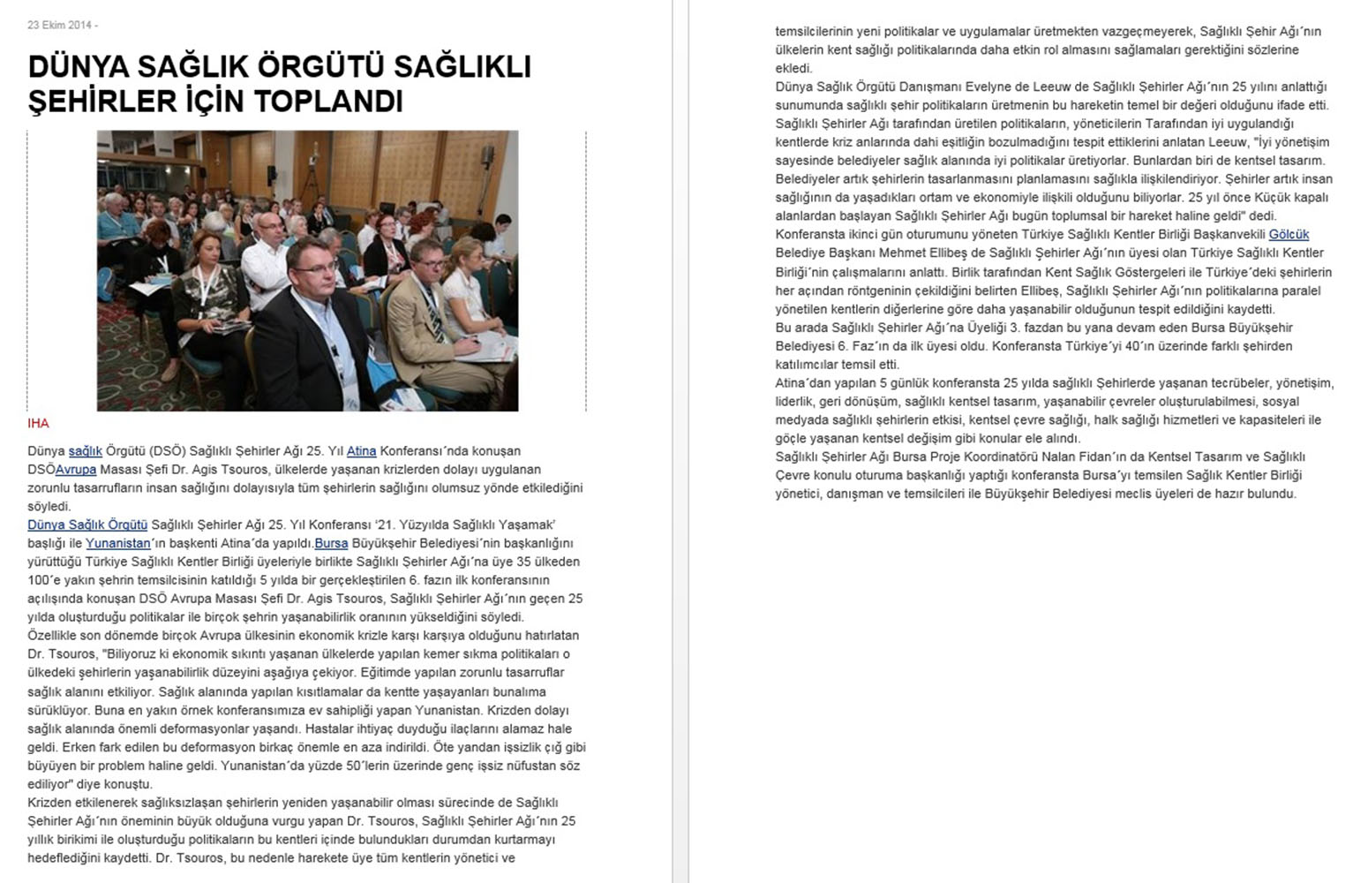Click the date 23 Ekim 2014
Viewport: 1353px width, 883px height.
click(58, 25)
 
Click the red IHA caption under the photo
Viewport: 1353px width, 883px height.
click(38, 424)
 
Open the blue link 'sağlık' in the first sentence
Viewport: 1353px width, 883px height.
click(86, 451)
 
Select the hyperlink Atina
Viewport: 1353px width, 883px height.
click(361, 451)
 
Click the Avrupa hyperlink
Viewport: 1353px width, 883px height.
click(76, 470)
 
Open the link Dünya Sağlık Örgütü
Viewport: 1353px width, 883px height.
click(87, 525)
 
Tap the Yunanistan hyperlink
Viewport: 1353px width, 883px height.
click(117, 544)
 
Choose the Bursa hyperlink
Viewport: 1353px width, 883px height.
click(331, 544)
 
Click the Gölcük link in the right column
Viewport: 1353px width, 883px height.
click(1289, 235)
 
